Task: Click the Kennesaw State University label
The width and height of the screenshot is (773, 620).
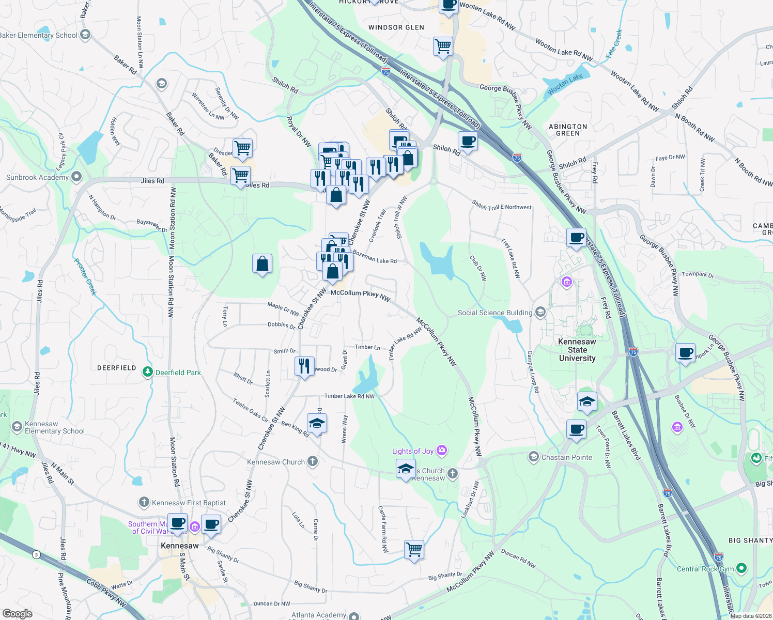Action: point(577,350)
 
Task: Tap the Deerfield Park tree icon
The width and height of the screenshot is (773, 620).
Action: point(148,372)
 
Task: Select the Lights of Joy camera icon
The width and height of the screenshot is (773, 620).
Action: point(442,451)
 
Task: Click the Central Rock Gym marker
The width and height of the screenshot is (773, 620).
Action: point(741,568)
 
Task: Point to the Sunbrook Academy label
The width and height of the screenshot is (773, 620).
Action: point(37,177)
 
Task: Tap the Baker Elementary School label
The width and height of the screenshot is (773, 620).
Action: point(39,35)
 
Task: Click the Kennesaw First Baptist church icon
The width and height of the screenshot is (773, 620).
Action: point(144,502)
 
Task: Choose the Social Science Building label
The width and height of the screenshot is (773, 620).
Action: point(494,313)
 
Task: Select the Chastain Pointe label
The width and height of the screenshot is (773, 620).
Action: point(566,457)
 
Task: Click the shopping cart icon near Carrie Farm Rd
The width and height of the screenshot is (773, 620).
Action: point(414,549)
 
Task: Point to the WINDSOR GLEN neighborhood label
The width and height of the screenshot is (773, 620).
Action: point(396,27)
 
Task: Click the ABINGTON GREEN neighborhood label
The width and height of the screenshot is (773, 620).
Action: point(568,130)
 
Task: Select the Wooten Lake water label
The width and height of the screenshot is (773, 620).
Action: point(565,82)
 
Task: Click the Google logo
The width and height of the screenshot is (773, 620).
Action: point(18,613)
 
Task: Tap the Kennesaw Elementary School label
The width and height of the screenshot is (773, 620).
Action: point(54,427)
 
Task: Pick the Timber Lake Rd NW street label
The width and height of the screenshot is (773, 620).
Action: point(349,396)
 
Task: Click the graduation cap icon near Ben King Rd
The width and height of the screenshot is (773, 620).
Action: point(317,424)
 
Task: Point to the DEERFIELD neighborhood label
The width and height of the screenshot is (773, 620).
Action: point(117,368)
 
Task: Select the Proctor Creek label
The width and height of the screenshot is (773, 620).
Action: point(85,277)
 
